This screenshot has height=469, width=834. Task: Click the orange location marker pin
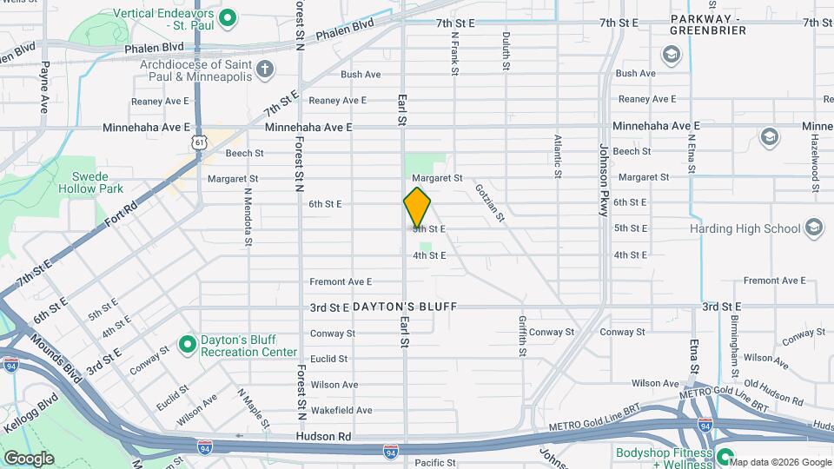pyautogui.click(x=417, y=208)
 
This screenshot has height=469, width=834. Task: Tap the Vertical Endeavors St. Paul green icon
pyautogui.click(x=228, y=17)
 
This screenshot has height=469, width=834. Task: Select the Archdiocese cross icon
pyautogui.click(x=266, y=69)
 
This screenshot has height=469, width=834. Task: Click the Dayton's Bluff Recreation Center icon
pyautogui.click(x=187, y=345)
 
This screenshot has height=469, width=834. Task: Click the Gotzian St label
pyautogui.click(x=489, y=201)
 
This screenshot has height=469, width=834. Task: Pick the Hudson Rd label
pyautogui.click(x=322, y=436)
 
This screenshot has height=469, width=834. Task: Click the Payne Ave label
pyautogui.click(x=44, y=86)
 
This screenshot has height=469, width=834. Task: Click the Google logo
pyautogui.click(x=29, y=458)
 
